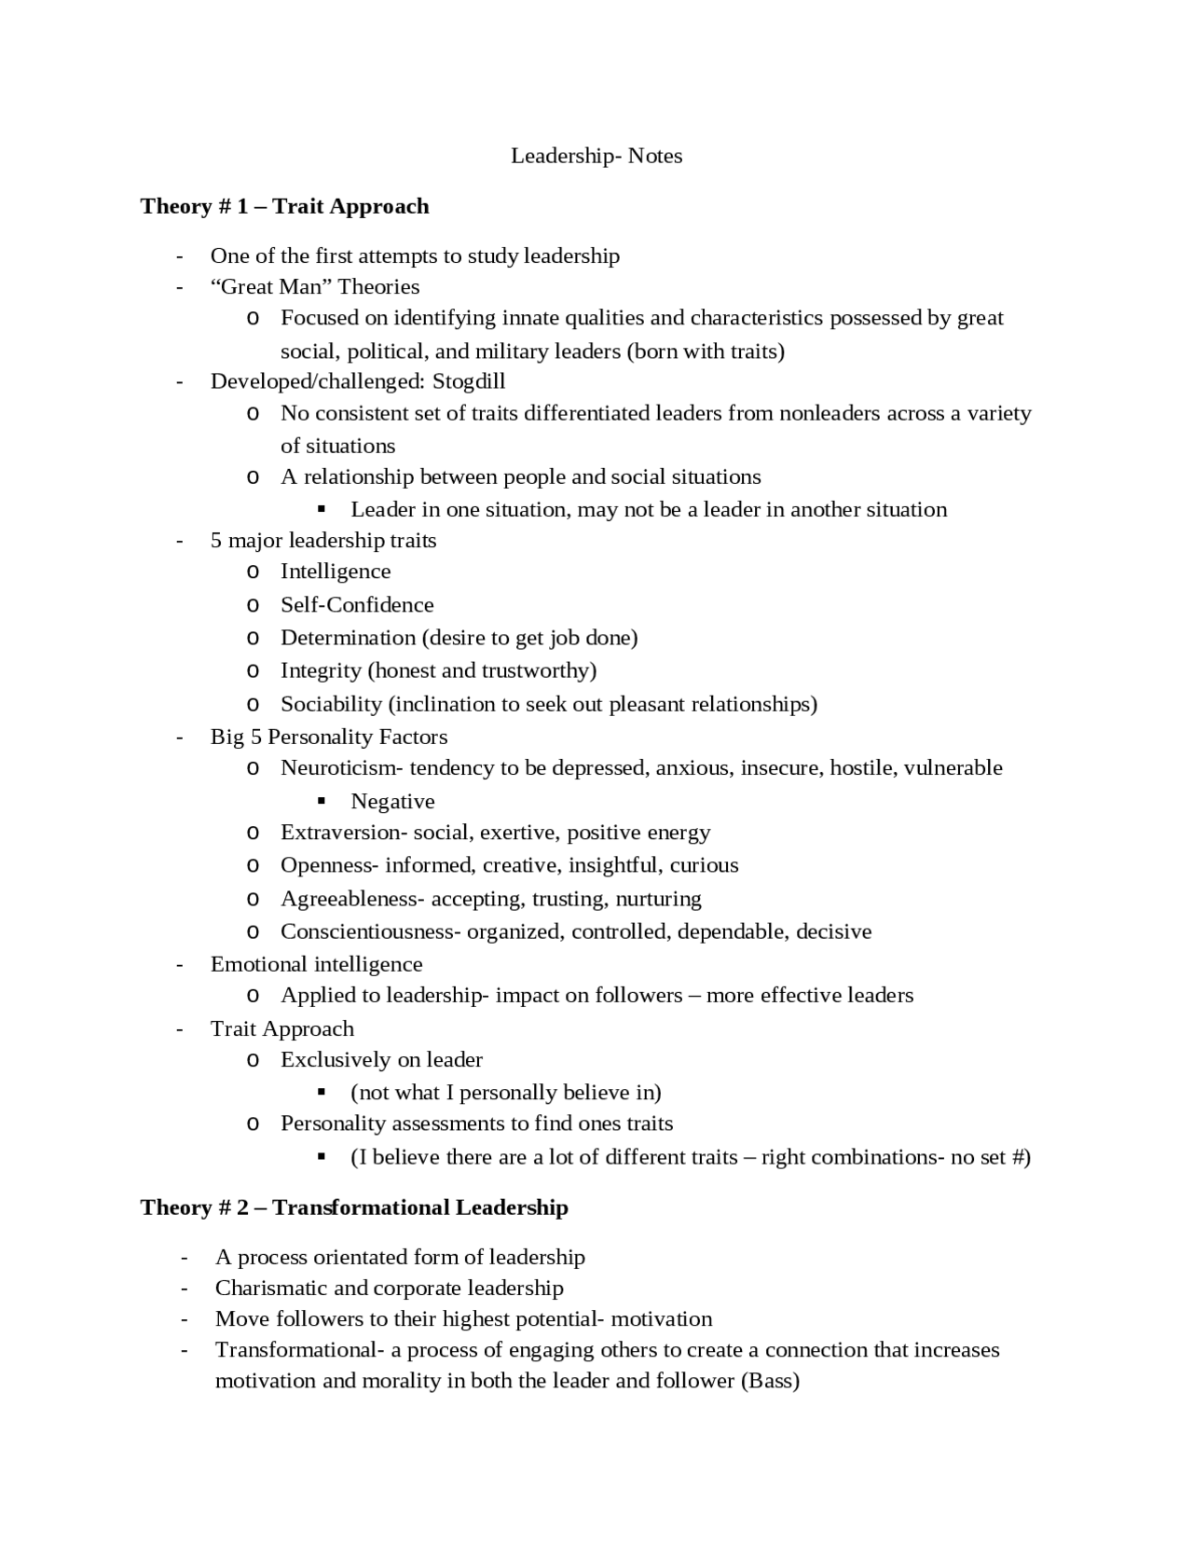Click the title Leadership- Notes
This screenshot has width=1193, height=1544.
click(x=596, y=156)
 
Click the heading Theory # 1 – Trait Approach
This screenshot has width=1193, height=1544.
click(x=284, y=206)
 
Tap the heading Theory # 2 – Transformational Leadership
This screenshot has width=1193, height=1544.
click(x=354, y=1207)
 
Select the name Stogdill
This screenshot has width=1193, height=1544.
click(x=469, y=381)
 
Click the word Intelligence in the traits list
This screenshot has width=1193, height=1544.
click(x=336, y=572)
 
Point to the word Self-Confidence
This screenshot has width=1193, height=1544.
click(x=357, y=605)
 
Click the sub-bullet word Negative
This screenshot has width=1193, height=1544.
click(x=392, y=802)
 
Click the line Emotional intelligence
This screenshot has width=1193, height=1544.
click(x=316, y=964)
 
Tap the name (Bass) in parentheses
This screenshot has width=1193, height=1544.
click(x=770, y=1381)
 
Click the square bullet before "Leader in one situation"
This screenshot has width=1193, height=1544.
click(x=322, y=509)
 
